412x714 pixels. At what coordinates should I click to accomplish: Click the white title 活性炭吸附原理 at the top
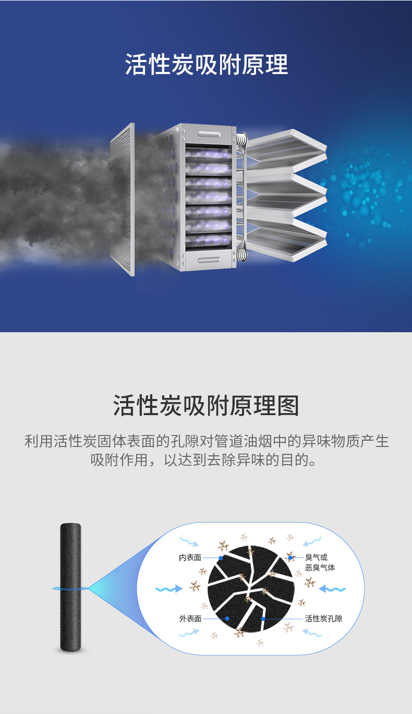pos(207,64)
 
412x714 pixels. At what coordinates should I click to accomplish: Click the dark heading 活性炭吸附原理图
pos(206,405)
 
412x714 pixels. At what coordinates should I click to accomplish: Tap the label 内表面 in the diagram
pos(190,558)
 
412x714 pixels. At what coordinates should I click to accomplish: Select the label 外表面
pos(190,619)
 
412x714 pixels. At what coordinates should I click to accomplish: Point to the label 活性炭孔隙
pos(323,619)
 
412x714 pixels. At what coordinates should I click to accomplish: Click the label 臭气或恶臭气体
pos(320,562)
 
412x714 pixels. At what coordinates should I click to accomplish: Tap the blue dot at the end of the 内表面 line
pos(221,558)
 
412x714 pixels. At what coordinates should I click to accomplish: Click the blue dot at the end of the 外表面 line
pos(227,619)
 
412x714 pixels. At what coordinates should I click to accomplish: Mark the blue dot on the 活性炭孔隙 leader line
pos(263,619)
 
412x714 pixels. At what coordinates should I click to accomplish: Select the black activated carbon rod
pos(70,587)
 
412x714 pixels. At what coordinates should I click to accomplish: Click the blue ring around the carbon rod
pos(70,588)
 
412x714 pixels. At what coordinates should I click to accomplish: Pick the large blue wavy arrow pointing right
pos(169,588)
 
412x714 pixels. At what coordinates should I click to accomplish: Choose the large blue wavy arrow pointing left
pos(332,588)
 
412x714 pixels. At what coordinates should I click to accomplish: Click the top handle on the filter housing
pos(209,134)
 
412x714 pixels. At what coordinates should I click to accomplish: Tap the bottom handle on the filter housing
pos(209,260)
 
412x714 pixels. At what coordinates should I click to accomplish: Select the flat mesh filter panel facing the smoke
pos(123,199)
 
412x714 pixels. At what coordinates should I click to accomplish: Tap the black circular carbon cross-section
pos(250,588)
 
